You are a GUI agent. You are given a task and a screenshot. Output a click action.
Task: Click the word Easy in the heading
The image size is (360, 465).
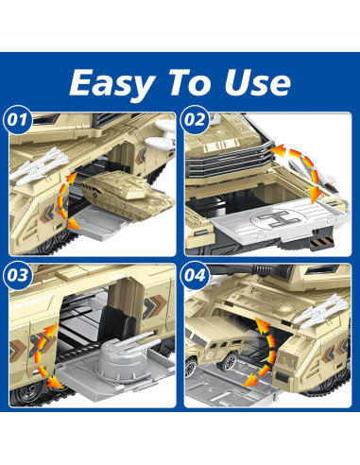(x=112, y=84)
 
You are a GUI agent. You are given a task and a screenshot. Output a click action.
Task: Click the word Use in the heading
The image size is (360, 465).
(x=257, y=83)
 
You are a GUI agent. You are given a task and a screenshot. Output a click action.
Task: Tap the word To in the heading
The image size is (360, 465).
(x=190, y=82)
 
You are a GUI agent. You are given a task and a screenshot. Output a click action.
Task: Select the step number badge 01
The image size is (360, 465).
(x=18, y=120)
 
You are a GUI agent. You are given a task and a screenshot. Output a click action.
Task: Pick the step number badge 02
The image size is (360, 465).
(x=195, y=120)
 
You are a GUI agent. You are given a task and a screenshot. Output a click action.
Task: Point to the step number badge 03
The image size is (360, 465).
(x=18, y=275)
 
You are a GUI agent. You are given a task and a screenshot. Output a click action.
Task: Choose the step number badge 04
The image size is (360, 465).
(x=195, y=275)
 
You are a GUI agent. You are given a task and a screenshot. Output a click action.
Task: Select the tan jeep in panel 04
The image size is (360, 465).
(x=214, y=344)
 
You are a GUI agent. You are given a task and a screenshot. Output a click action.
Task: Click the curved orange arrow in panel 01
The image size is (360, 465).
(x=64, y=201)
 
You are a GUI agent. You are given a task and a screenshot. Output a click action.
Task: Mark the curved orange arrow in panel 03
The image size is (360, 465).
(x=41, y=356)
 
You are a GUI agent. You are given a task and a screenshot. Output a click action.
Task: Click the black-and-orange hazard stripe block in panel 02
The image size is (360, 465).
(x=321, y=243)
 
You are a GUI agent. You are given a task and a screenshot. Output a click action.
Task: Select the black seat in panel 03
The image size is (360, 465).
(x=117, y=324)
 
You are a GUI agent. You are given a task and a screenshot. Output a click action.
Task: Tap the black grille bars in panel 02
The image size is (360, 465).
(x=230, y=160)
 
